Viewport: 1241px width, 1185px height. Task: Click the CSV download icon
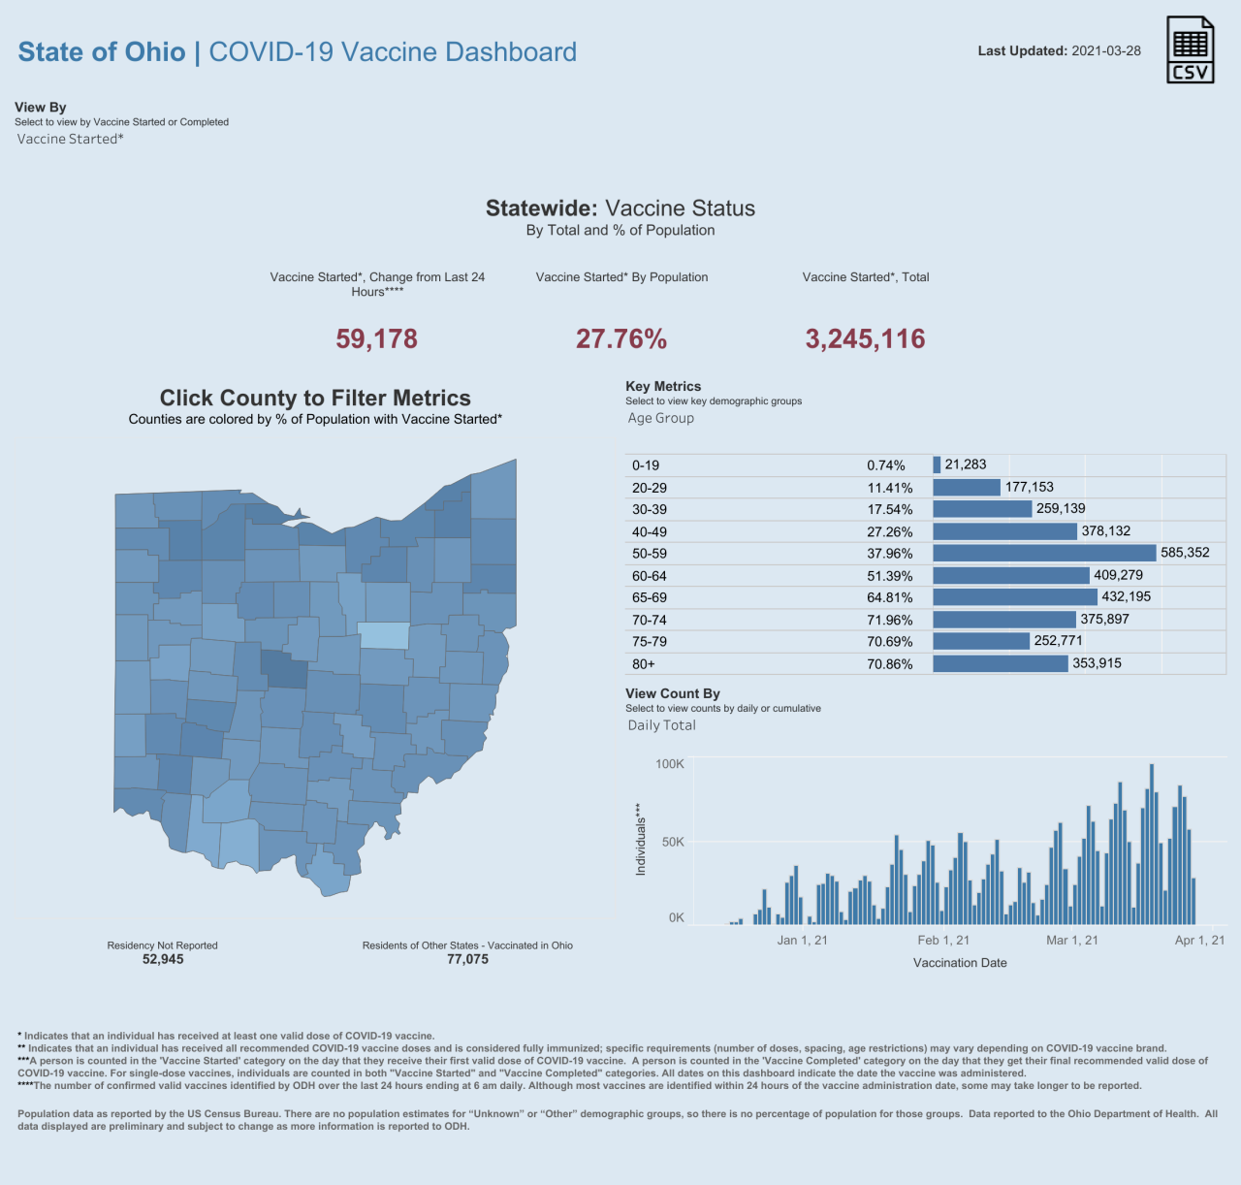click(x=1190, y=49)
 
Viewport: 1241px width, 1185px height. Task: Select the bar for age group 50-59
click(x=1044, y=553)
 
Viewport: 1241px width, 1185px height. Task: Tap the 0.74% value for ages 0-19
click(x=885, y=465)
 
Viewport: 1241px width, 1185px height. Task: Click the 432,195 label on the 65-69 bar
click(x=1126, y=596)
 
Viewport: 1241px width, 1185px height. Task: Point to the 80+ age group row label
click(x=644, y=664)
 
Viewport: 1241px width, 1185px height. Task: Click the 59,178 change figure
click(x=376, y=338)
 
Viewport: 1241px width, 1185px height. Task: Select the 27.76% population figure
click(x=620, y=338)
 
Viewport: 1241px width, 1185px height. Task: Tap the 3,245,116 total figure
click(x=865, y=338)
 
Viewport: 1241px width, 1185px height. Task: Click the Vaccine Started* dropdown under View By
click(x=70, y=139)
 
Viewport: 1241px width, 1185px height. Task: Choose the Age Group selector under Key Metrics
click(x=660, y=418)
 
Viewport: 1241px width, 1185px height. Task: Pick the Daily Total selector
click(x=661, y=725)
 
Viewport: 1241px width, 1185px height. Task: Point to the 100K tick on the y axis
click(x=670, y=764)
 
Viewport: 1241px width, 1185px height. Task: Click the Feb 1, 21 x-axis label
click(x=943, y=940)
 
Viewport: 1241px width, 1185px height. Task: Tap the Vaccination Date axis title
click(x=960, y=963)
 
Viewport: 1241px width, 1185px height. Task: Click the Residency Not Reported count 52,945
click(x=163, y=959)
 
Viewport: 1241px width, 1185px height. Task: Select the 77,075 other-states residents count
click(x=467, y=959)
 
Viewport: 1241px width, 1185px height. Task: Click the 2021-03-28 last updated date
click(x=1106, y=50)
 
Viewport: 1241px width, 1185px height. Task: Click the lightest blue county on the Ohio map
click(x=384, y=635)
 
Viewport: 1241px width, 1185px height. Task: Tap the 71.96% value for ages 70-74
click(x=889, y=620)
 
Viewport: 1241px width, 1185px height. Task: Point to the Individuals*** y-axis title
click(x=640, y=840)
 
